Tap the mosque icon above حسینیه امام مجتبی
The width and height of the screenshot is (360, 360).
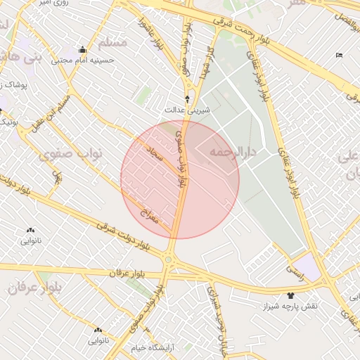[x=82, y=49]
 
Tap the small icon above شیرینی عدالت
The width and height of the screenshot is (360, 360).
[x=187, y=98]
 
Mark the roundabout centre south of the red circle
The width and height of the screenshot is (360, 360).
[x=169, y=261]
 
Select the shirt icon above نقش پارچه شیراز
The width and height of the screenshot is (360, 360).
[x=290, y=295]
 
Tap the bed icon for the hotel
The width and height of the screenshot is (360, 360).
[x=339, y=56]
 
